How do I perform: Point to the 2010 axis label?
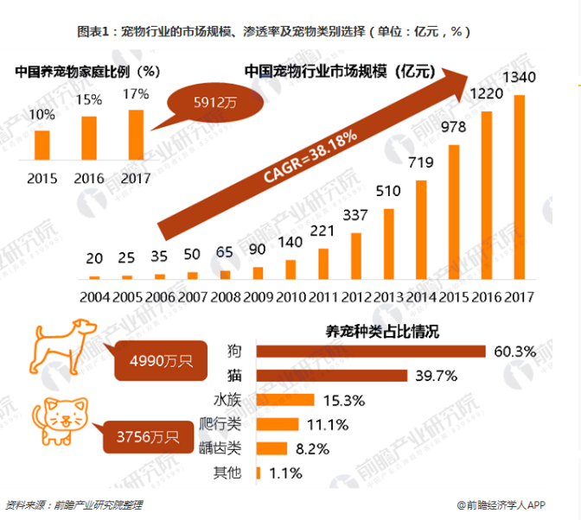coord(290,296)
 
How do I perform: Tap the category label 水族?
coord(227,400)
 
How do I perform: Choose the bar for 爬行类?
coord(278,424)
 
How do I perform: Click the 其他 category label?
coord(227,472)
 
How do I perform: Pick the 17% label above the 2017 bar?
coord(136,93)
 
